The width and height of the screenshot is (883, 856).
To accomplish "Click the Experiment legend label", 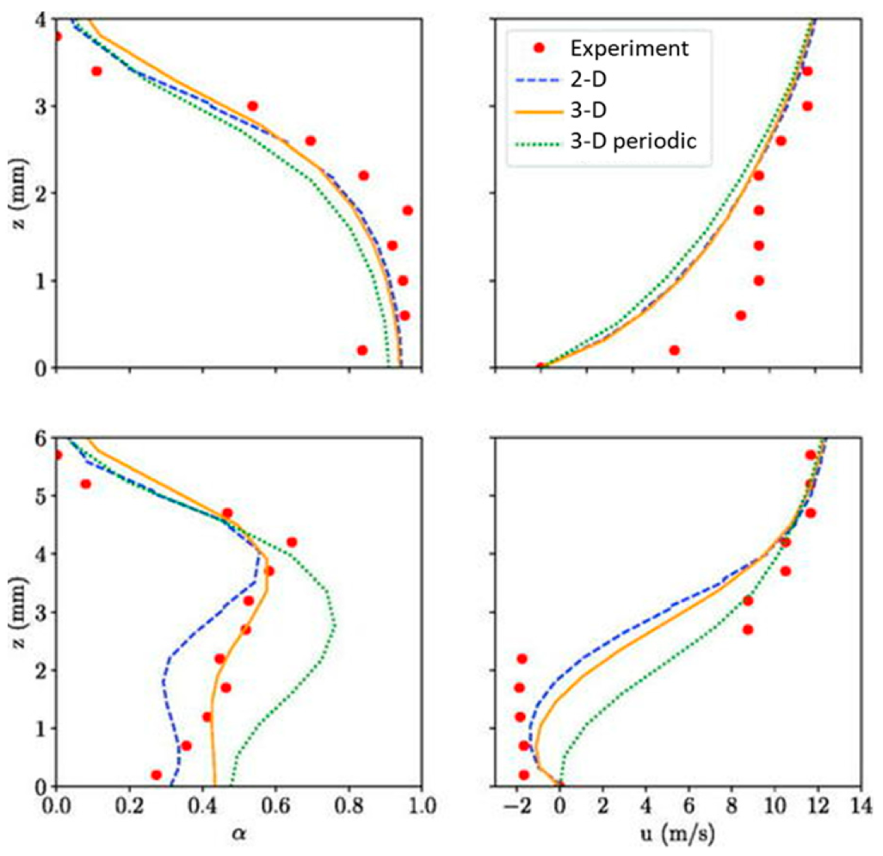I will click(x=632, y=48).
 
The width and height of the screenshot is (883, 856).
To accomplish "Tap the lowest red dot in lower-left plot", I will click(x=157, y=775).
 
